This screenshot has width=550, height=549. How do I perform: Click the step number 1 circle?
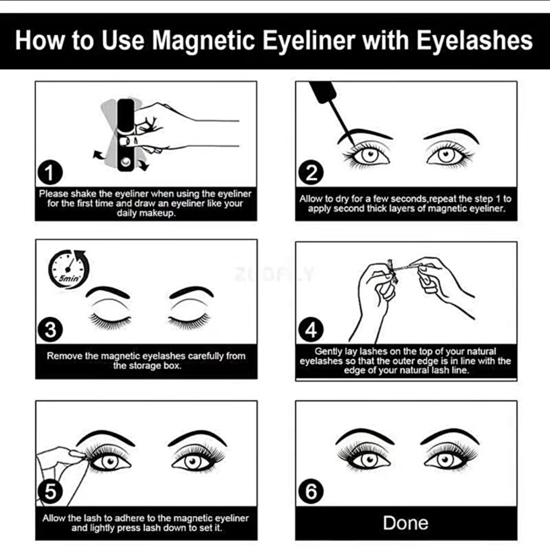[50, 172]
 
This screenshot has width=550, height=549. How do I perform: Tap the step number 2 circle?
[311, 172]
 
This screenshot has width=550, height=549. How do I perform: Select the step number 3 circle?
[50, 330]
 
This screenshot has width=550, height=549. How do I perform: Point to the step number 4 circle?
[311, 330]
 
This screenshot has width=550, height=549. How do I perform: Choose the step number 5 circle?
[50, 491]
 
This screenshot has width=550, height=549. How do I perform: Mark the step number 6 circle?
[311, 491]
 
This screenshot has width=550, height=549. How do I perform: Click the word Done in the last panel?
[405, 523]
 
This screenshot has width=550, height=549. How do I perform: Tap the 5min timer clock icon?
[68, 269]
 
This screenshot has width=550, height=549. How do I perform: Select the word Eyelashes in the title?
[475, 40]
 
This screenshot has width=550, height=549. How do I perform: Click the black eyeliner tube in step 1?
[125, 135]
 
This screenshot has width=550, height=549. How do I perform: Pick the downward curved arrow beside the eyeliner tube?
[143, 164]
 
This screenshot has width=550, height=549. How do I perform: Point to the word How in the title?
[40, 40]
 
